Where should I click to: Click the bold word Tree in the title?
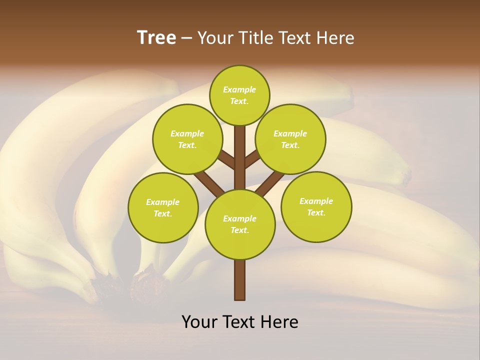coord(156,37)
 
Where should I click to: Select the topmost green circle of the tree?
coord(239,95)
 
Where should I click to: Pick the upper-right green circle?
coord(290,139)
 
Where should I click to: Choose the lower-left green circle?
coord(163,207)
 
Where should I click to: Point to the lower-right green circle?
coord(316,206)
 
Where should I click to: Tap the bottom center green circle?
coord(240,224)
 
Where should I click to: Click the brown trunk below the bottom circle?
coord(240,280)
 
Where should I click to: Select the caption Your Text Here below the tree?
coord(240,322)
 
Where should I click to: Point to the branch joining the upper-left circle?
coord(226,159)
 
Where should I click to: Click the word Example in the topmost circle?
coord(239,89)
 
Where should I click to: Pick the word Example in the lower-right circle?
coord(316,201)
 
